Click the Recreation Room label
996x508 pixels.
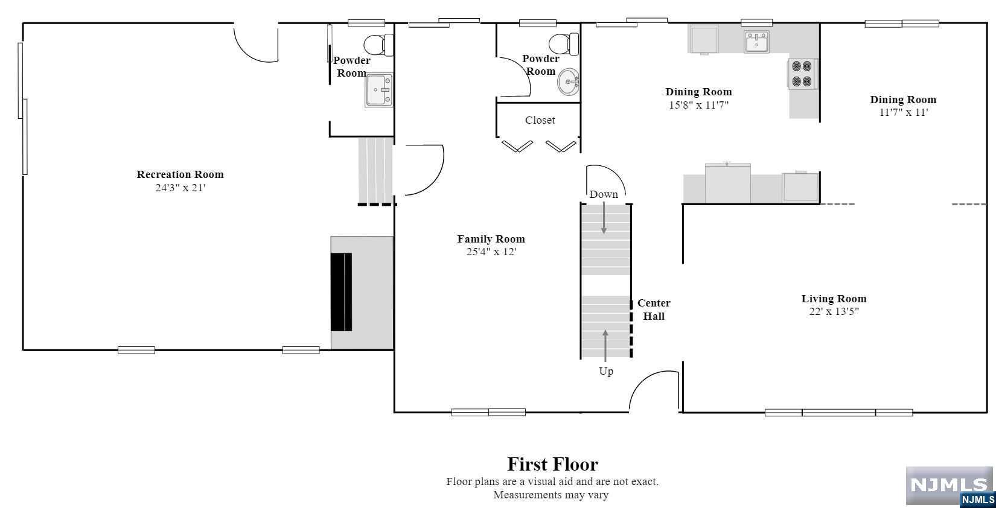pyautogui.click(x=180, y=174)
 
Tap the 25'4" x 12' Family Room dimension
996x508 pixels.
pyautogui.click(x=491, y=252)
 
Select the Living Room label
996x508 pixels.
pyautogui.click(x=834, y=299)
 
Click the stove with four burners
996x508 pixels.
pyautogui.click(x=802, y=74)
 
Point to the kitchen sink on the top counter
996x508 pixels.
pyautogui.click(x=756, y=43)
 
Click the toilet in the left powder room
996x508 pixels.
pyautogui.click(x=378, y=45)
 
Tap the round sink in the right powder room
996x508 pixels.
pyautogui.click(x=568, y=82)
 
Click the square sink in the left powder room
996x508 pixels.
pyautogui.click(x=379, y=90)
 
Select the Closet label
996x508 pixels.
pyautogui.click(x=540, y=120)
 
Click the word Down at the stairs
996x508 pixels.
pyautogui.click(x=604, y=194)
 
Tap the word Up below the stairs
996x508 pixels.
pyautogui.click(x=606, y=371)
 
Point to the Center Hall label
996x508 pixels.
pyautogui.click(x=654, y=310)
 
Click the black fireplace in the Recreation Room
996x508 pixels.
pyautogui.click(x=341, y=292)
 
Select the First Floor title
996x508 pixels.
pyautogui.click(x=552, y=464)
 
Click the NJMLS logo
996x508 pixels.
pyautogui.click(x=950, y=486)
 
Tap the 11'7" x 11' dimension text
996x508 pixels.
pyautogui.click(x=903, y=112)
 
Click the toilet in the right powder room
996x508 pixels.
pyautogui.click(x=563, y=43)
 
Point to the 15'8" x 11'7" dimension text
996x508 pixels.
pyautogui.click(x=698, y=105)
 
